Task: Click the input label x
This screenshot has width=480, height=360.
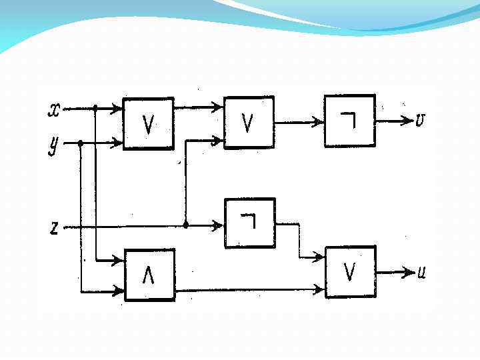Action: (54, 109)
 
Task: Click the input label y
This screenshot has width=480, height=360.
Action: (54, 145)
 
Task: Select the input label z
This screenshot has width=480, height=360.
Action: (54, 228)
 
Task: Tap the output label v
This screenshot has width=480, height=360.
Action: (421, 120)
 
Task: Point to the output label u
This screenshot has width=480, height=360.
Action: (421, 272)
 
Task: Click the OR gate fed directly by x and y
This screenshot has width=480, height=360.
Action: (148, 123)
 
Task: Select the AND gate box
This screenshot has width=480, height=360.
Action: (149, 275)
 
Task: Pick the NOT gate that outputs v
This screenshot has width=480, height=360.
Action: (349, 121)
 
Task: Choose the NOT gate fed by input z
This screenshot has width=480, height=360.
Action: (249, 223)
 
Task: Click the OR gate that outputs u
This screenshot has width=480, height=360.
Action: (350, 271)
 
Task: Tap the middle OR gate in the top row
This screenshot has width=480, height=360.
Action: (249, 122)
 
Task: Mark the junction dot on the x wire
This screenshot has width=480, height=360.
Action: (96, 107)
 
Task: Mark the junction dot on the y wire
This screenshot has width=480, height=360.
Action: (81, 143)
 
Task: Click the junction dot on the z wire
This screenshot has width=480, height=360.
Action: (185, 225)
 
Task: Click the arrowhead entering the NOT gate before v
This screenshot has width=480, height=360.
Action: (319, 122)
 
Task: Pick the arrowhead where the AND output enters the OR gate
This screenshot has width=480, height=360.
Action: (319, 289)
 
